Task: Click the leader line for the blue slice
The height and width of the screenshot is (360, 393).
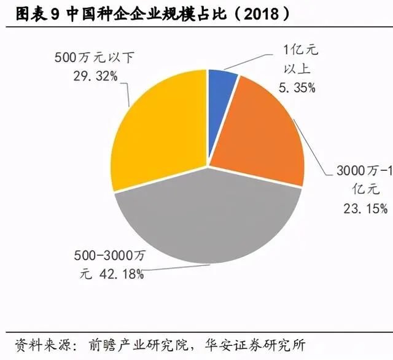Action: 248,61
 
